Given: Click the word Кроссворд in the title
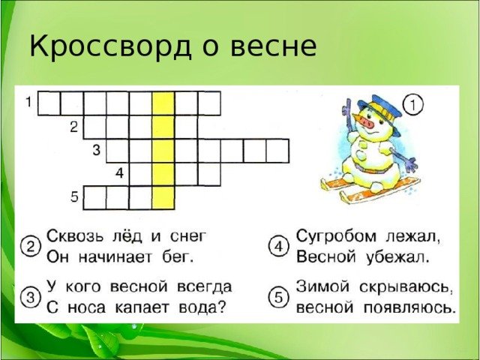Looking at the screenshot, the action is [111, 46].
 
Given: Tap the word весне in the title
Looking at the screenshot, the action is [273, 46].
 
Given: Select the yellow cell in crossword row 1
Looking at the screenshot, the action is [163, 103].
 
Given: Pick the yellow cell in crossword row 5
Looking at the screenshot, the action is [163, 198].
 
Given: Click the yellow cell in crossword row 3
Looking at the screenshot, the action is [163, 151].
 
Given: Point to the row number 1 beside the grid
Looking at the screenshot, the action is [28, 102].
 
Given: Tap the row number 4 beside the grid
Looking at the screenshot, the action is [119, 173].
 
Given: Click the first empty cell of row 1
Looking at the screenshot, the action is [49, 103].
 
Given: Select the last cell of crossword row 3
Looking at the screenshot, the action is [277, 151].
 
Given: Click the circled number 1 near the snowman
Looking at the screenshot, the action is [412, 105].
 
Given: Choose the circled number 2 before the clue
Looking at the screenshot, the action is [31, 247].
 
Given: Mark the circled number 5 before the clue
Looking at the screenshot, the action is [278, 298].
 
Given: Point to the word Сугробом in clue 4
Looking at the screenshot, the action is [336, 237].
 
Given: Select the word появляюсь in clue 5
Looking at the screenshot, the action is [408, 308].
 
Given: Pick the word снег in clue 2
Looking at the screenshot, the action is [188, 237].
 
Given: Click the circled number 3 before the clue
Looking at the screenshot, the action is [31, 298].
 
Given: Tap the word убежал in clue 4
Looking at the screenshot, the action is [397, 256].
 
